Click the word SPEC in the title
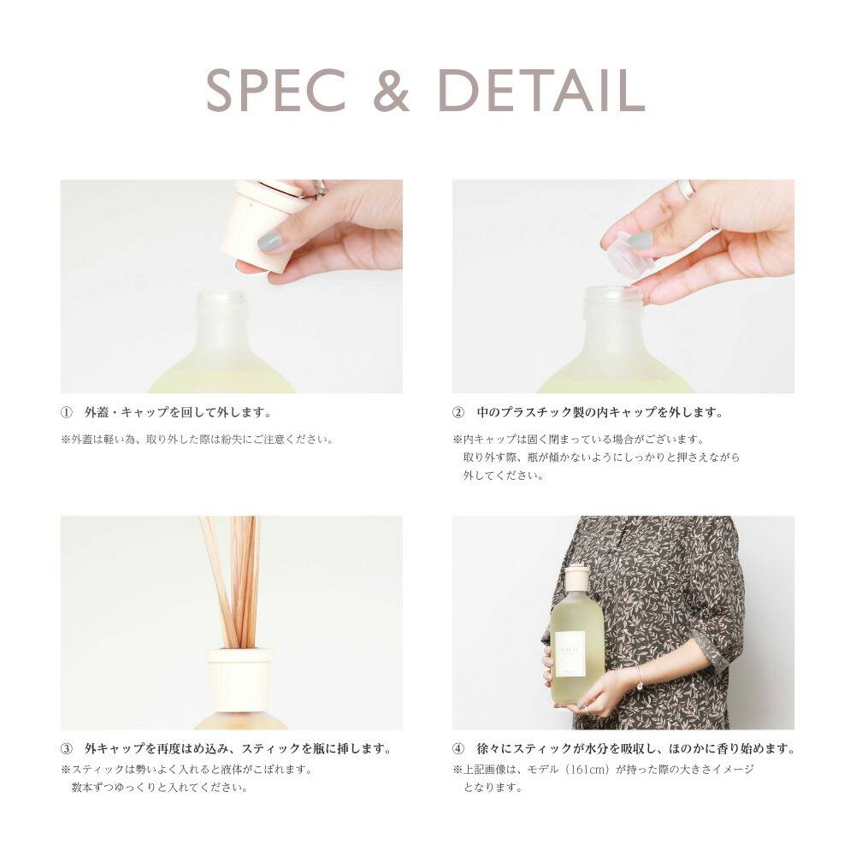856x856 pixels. coord(275,90)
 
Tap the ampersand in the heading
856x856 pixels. coord(392,90)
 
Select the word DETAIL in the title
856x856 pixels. coord(542,90)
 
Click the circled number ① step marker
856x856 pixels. coord(66,413)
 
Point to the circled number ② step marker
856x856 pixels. coord(458,413)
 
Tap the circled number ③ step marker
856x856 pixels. coord(66,748)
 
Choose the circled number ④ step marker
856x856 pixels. coord(458,748)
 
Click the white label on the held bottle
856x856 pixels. coord(570,654)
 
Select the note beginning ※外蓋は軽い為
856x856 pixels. coord(197,440)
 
